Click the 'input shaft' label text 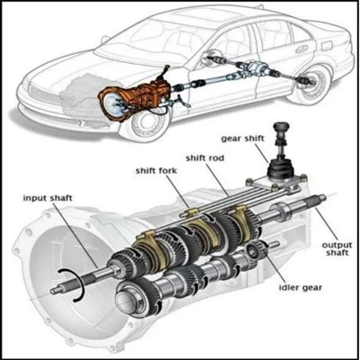click(x=48, y=198)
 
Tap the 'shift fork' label click(x=157, y=171)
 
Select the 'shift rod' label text click(x=205, y=157)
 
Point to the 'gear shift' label click(x=243, y=139)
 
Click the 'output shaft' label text click(x=337, y=248)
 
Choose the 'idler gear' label click(x=301, y=287)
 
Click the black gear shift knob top click(x=281, y=129)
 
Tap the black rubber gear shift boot click(x=280, y=168)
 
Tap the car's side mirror click(x=104, y=38)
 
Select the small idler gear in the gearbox click(x=254, y=251)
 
